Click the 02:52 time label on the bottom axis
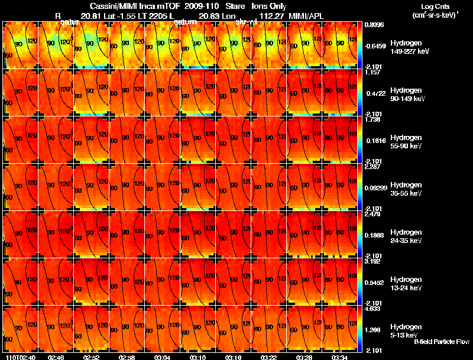[x=91, y=357]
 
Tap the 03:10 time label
[x=197, y=357]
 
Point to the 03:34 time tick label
[x=339, y=357]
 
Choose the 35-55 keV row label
[x=406, y=193]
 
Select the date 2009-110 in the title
[x=202, y=7]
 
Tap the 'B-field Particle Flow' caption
[x=442, y=342]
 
